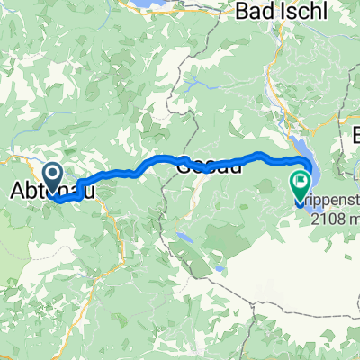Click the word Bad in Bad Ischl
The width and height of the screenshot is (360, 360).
tap(257, 13)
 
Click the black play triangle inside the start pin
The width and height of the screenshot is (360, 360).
tap(53, 172)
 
